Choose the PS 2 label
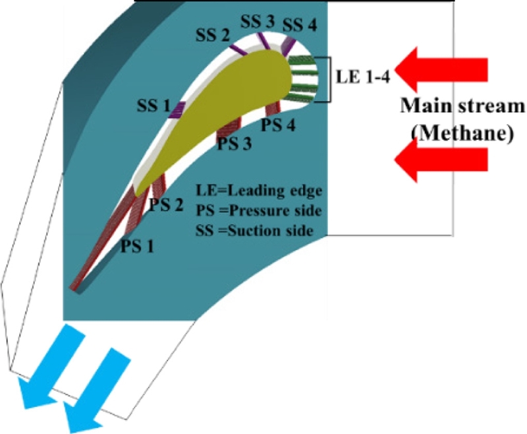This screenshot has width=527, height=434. [167, 204]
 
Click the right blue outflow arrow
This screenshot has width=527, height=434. [99, 389]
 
